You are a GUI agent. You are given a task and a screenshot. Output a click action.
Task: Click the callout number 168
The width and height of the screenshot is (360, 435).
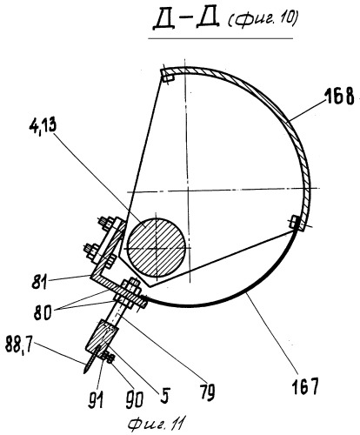coord(339,96)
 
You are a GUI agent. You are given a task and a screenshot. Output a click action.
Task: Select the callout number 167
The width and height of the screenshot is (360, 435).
coord(304,386)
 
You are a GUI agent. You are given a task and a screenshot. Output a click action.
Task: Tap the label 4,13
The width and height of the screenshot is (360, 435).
coord(43,126)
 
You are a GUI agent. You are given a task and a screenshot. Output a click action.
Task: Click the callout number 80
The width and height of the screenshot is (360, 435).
coord(43,312)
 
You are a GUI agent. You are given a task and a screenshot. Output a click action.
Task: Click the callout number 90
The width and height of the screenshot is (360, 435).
coord(134,399)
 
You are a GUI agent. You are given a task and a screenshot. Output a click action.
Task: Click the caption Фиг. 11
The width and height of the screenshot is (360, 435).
coord(156,425)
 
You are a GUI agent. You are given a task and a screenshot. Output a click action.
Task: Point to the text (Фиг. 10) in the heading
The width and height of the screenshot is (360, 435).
coord(263,20)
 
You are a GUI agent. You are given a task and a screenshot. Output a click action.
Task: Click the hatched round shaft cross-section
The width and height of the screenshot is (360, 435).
coord(157,247)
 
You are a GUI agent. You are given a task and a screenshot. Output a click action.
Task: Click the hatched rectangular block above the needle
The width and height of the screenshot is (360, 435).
coord(103,337)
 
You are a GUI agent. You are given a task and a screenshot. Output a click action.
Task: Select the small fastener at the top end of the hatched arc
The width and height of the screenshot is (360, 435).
coord(168,77)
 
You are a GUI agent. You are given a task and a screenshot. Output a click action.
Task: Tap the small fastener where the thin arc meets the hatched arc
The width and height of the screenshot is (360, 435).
coord(297,223)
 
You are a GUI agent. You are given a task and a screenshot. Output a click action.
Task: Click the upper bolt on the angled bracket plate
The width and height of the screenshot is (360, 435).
coord(106,224)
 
